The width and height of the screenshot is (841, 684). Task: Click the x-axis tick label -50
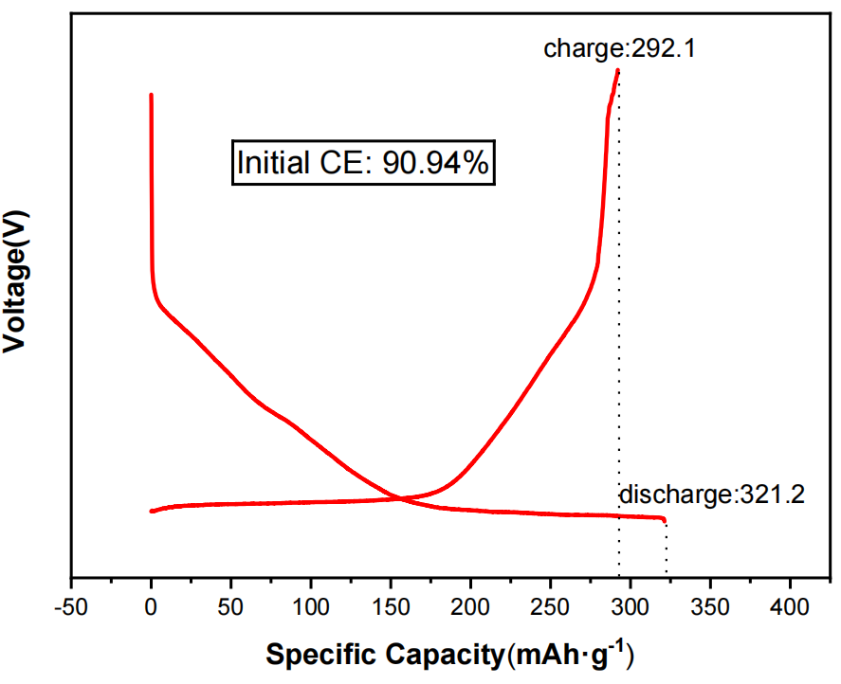(x=71, y=605)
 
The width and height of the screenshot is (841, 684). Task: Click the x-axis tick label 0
(x=151, y=605)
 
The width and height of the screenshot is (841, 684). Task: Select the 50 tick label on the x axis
(x=230, y=605)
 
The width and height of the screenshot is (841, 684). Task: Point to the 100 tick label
(x=311, y=605)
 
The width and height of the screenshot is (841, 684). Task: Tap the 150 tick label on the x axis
(x=391, y=605)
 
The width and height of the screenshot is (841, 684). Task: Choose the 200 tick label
(x=471, y=605)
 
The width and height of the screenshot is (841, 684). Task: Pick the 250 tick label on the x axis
(x=551, y=605)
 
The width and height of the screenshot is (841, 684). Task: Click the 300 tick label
(x=631, y=605)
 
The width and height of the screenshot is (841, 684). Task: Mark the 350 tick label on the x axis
(x=711, y=605)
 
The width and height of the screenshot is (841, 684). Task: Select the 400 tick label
(x=791, y=605)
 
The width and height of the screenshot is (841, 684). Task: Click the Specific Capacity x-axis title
(x=449, y=655)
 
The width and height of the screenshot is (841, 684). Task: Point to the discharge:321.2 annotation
(x=711, y=495)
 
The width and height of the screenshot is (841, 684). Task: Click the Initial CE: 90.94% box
(x=363, y=163)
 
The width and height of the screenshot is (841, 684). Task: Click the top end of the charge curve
(x=618, y=70)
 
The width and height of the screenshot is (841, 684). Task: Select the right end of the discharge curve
(x=665, y=519)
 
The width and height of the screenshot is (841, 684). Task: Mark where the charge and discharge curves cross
(x=402, y=498)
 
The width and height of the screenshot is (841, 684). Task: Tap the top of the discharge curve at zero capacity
(x=151, y=95)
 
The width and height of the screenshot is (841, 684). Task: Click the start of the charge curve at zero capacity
(x=152, y=511)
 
